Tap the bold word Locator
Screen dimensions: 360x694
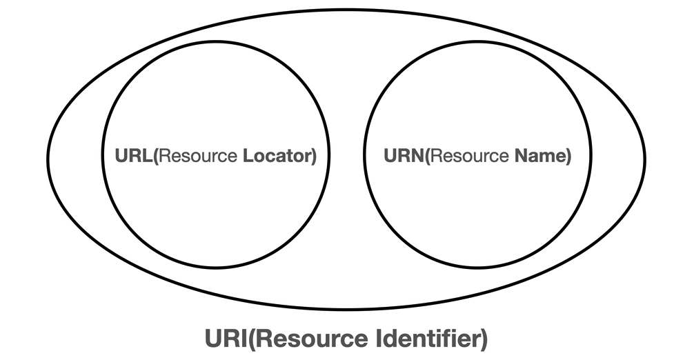pos(277,157)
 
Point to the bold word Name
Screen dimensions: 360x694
pos(539,157)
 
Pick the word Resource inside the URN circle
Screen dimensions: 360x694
pos(468,157)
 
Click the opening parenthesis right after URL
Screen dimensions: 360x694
pos(157,157)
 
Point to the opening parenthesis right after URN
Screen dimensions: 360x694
pos(426,157)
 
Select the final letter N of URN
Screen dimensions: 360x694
pos(417,157)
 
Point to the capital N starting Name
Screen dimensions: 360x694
pos(519,157)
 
